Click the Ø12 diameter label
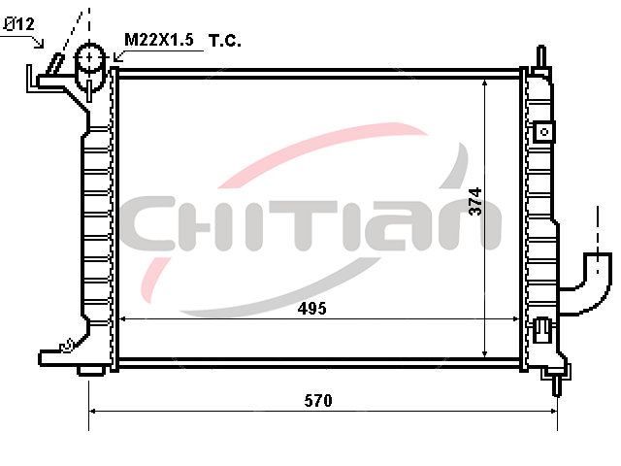tap(18, 24)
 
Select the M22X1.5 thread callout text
tap(159, 40)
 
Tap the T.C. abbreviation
tap(224, 41)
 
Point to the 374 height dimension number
tap(474, 201)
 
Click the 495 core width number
tap(312, 309)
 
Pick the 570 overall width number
tap(318, 401)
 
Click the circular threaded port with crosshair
tap(90, 58)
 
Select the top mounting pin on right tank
tap(541, 57)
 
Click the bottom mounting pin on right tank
tap(556, 384)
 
